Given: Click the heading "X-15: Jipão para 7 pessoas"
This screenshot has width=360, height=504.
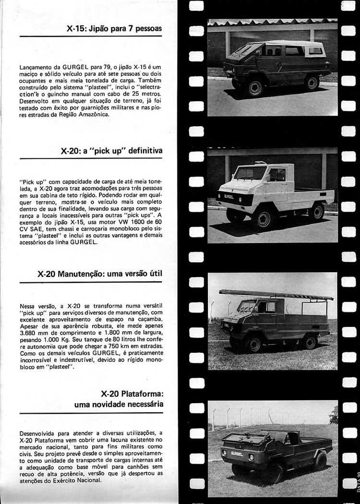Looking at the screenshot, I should tap(114, 28).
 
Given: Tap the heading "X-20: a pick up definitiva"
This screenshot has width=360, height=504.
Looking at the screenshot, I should tap(112, 150).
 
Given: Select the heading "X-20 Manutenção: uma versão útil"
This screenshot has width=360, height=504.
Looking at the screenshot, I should tap(100, 274).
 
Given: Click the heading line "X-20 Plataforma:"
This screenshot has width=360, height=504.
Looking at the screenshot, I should tap(132, 394).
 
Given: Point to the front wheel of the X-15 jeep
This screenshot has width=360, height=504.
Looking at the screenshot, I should tap(254, 87).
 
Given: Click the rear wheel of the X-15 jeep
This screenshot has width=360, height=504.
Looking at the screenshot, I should tap(312, 83).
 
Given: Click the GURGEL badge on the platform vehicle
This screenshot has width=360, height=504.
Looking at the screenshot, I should tap(237, 453).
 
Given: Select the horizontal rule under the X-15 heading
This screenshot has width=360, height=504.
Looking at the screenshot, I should tap(91, 36).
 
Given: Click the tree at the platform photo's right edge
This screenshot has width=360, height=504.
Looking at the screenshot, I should tap(334, 415).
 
